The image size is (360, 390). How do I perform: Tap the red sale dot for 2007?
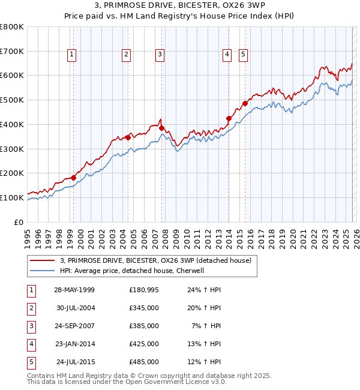coord(161,128)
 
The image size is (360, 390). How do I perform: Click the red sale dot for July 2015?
coord(245,103)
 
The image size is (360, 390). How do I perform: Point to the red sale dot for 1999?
coord(73,178)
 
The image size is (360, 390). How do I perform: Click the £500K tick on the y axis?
coord(12,100)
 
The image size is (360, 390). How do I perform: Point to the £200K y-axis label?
coord(12,173)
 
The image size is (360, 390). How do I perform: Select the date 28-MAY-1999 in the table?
coord(74,290)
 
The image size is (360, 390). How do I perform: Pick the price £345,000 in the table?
coord(144,308)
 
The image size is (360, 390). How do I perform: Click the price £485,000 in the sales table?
coord(144,362)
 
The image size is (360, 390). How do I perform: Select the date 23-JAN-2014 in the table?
coord(74,344)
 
